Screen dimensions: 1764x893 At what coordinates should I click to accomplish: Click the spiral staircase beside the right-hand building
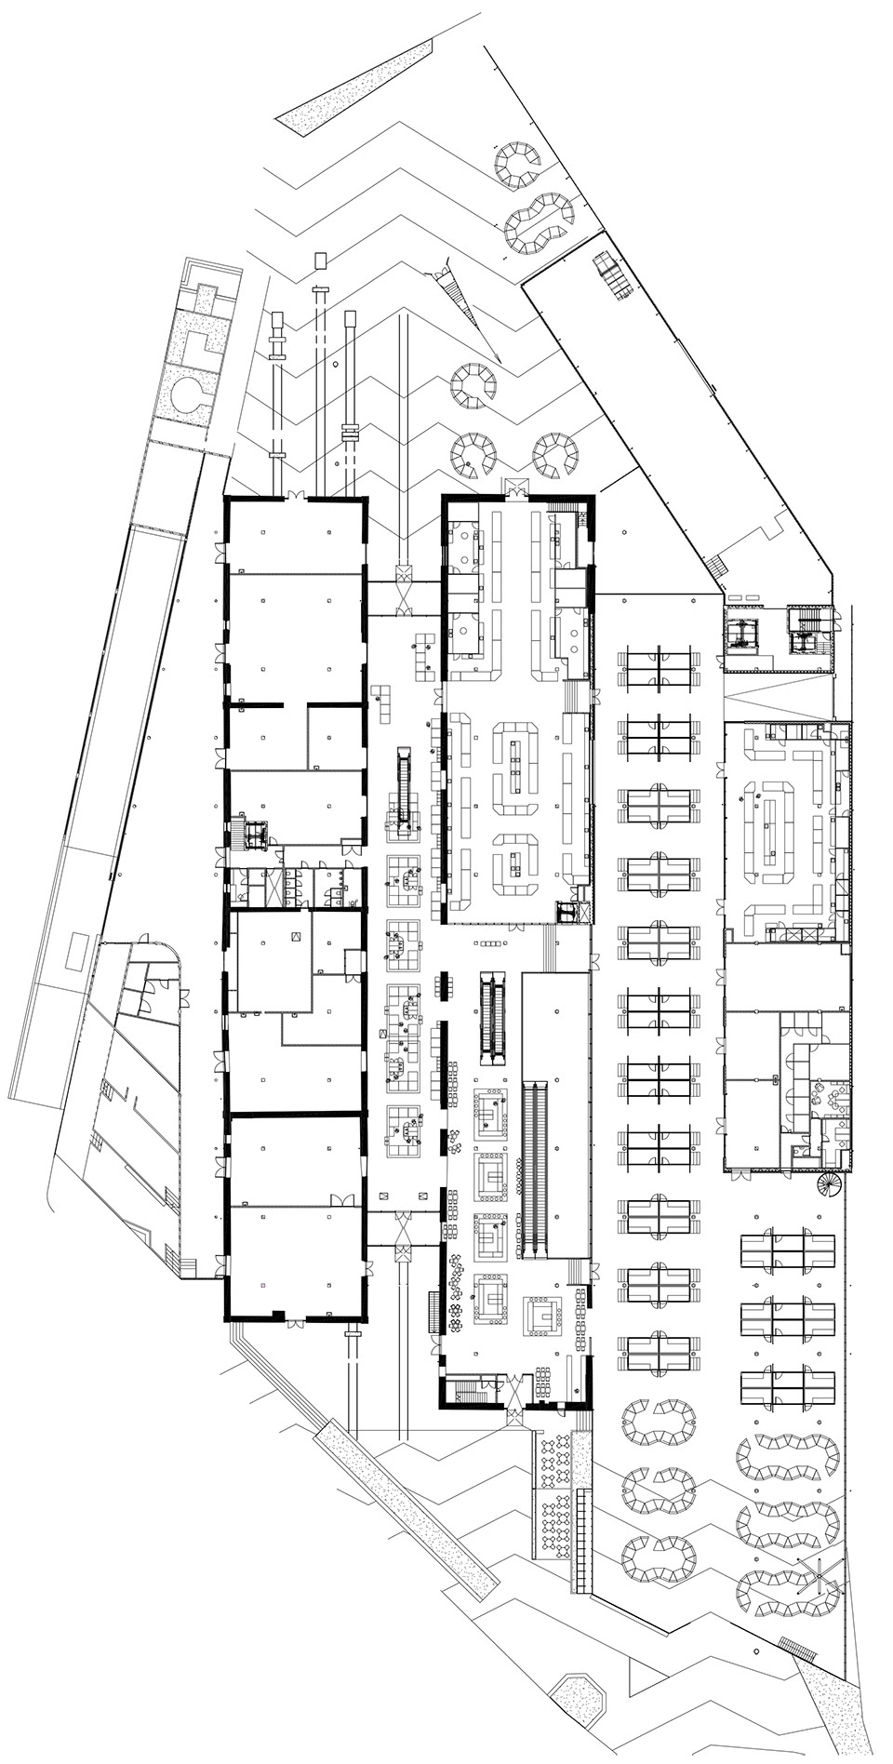pos(827,1184)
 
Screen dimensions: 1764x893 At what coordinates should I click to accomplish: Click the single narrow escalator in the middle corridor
pos(404,787)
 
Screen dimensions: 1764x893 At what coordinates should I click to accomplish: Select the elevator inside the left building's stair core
pos(257,835)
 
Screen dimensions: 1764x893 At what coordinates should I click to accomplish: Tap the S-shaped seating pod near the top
pos(538,224)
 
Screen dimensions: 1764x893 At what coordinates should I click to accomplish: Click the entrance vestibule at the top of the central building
pos(514,485)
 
